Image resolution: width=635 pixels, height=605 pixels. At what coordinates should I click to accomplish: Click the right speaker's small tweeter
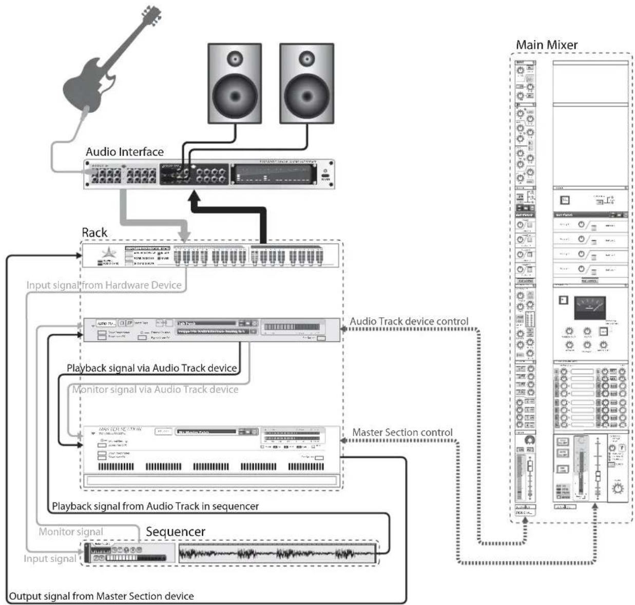point(306,57)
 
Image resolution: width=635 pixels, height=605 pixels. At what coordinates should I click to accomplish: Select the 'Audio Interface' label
point(125,152)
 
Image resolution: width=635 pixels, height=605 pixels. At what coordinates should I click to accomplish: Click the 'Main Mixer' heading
point(547,45)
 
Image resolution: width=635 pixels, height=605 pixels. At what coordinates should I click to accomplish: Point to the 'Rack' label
point(94,232)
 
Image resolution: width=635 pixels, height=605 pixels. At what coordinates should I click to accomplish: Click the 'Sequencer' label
point(176,532)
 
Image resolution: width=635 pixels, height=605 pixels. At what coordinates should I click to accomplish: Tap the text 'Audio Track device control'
point(409,321)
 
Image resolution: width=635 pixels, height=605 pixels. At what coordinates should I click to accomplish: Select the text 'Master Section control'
point(402,433)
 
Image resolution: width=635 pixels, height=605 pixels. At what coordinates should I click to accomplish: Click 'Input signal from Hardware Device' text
point(104,285)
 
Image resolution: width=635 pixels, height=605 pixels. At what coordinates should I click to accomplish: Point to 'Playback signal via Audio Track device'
point(152,368)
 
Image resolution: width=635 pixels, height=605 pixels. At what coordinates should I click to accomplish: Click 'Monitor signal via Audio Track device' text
point(155,389)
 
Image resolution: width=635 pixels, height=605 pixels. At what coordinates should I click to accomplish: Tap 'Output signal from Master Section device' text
point(102,596)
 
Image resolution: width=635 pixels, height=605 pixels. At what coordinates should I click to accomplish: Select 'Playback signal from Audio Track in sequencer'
point(155,506)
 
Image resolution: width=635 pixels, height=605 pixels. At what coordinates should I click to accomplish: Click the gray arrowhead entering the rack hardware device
point(184,237)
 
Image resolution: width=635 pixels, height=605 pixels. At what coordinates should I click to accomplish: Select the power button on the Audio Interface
point(325,171)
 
